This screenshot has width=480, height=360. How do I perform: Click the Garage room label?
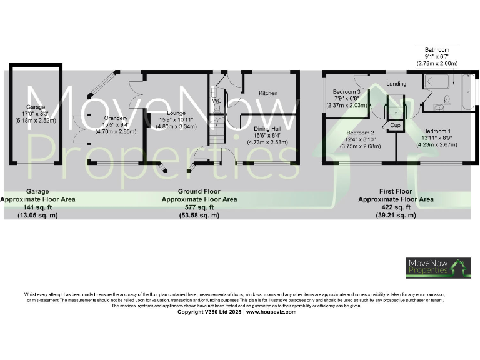click(36, 106)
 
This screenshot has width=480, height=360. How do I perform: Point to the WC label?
click(217, 100)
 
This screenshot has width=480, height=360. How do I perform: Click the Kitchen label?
click(268, 93)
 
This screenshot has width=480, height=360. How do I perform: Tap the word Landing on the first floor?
click(396, 84)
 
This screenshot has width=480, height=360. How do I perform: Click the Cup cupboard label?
click(395, 125)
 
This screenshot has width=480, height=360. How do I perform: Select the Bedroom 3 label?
click(347, 92)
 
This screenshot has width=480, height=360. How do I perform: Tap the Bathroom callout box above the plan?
click(437, 56)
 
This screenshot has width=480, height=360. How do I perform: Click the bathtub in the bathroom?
click(467, 92)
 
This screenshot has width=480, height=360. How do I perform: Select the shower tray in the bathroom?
click(436, 82)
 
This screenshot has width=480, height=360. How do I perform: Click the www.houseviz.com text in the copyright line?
click(271, 312)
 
